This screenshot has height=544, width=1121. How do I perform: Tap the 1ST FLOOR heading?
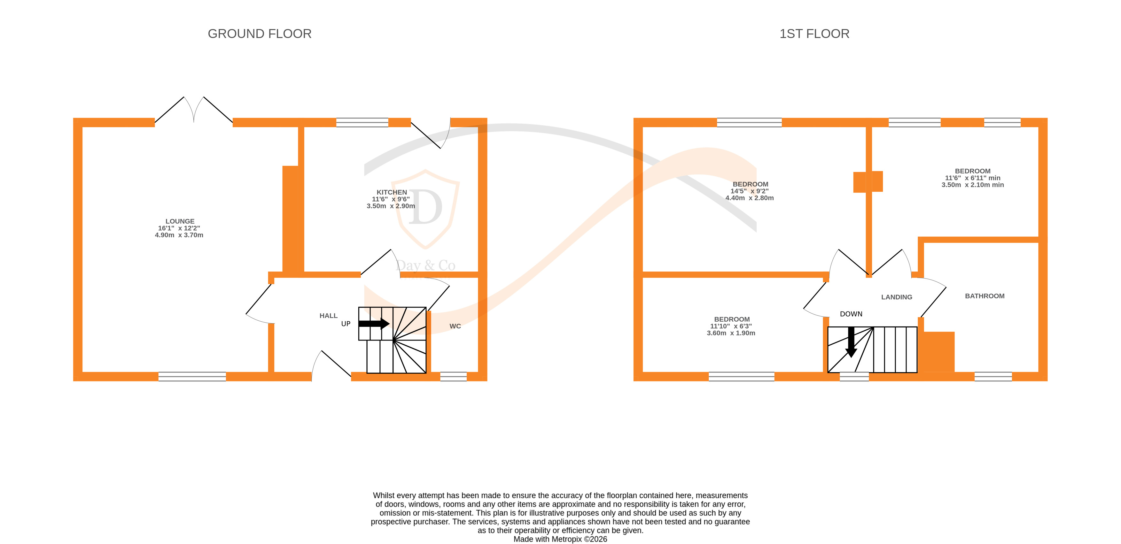(x=814, y=34)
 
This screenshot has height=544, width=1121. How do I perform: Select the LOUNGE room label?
(x=180, y=221)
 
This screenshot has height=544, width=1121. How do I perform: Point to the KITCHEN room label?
(x=392, y=192)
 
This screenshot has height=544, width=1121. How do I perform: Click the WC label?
(x=455, y=326)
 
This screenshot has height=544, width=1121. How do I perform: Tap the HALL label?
(x=328, y=316)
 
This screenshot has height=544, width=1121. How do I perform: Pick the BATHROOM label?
(x=985, y=296)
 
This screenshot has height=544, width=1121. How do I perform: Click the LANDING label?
(x=897, y=297)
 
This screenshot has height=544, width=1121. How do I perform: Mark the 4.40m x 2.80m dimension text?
(x=749, y=198)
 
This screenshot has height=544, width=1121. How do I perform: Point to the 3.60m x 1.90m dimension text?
(x=731, y=333)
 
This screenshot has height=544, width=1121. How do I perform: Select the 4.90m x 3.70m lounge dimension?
(x=179, y=235)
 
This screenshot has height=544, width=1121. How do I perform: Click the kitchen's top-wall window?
(x=362, y=122)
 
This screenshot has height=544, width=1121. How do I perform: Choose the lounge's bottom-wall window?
(x=192, y=377)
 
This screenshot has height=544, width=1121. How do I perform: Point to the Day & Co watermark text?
(x=425, y=265)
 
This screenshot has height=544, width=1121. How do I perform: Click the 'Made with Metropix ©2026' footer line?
(x=560, y=539)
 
